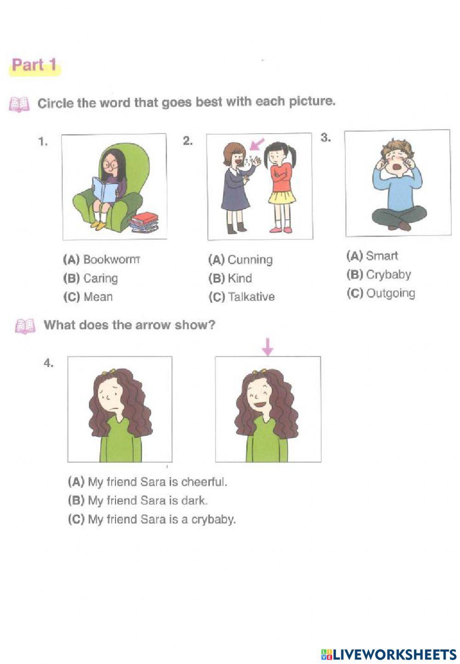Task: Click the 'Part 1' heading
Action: coord(34,65)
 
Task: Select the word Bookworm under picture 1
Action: coord(111,260)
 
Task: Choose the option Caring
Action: coord(100,278)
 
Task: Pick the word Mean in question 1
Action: coord(98,297)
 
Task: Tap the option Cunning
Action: coord(250,260)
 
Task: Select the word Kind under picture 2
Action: coord(240,278)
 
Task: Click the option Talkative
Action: coord(251,297)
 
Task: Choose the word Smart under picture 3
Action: coord(382,256)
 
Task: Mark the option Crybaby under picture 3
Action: coord(388,275)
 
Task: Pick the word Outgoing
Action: coord(391,293)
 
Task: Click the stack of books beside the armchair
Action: coord(144,222)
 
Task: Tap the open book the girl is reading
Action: coord(105,190)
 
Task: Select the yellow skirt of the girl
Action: coord(282,197)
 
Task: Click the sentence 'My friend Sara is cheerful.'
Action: coord(157,482)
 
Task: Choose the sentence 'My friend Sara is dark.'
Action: coord(147,501)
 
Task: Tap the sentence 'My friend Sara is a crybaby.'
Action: coord(161,520)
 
